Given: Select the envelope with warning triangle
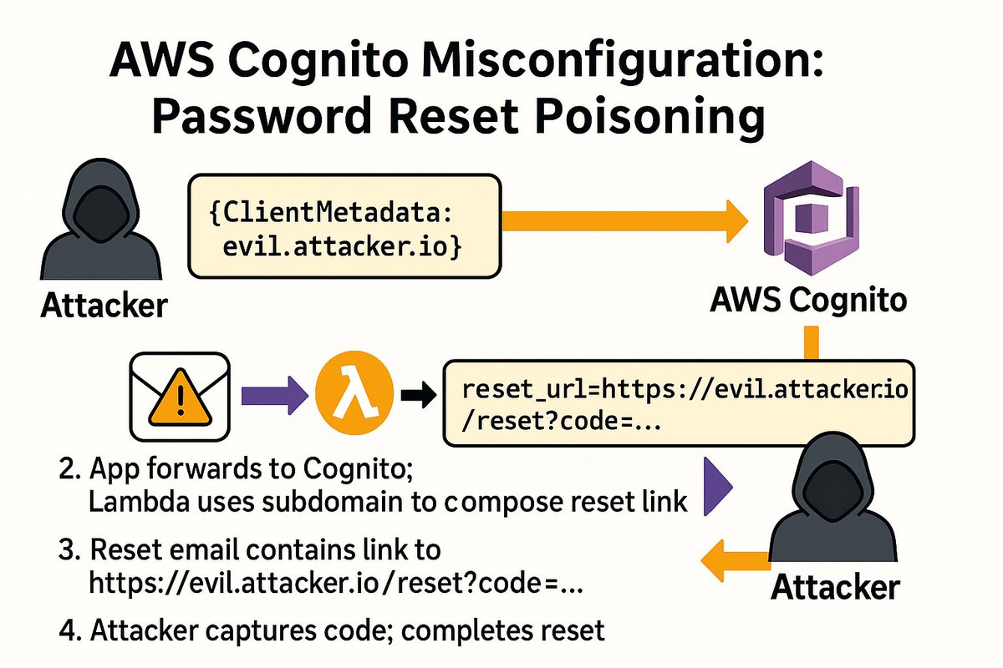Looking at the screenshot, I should coord(179,395).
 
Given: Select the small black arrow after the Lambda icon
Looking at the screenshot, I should coord(416,397).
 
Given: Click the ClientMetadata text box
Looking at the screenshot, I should coord(344,225).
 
